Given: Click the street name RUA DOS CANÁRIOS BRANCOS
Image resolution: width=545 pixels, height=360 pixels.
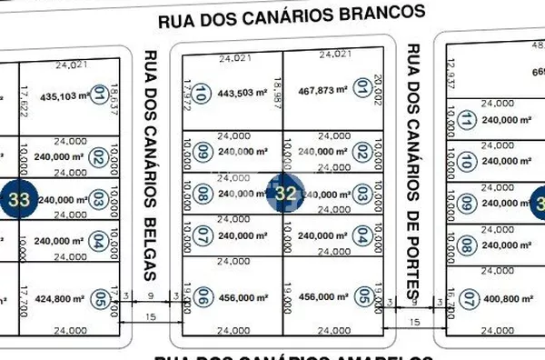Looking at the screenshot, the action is click(x=292, y=15).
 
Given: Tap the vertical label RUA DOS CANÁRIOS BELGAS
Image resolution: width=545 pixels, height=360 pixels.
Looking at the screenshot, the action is click(x=149, y=164).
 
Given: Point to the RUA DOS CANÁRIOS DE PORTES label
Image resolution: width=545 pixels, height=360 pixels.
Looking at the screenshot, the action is click(x=414, y=168).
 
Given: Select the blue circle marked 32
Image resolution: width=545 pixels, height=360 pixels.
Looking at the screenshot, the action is click(x=285, y=193).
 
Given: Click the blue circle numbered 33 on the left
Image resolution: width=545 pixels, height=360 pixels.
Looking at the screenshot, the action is click(x=19, y=197).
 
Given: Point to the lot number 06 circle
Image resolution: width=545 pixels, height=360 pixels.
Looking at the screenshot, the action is click(x=203, y=296).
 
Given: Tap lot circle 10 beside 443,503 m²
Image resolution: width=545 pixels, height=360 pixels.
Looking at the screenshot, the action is click(x=202, y=92).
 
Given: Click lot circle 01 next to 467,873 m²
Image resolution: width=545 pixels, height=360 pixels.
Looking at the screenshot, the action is click(x=362, y=88).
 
